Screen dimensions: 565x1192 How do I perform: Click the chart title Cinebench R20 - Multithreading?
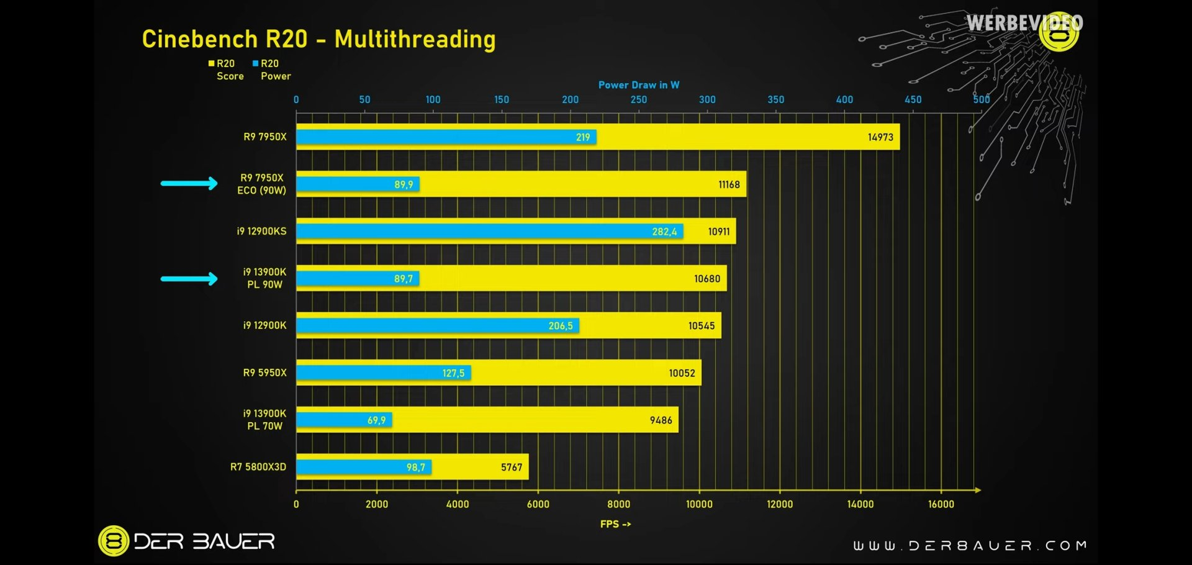pos(318,39)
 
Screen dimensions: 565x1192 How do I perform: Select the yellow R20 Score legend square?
pos(211,63)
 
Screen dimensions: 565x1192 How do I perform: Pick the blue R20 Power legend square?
pos(255,63)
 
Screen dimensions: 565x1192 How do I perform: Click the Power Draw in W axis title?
pos(638,85)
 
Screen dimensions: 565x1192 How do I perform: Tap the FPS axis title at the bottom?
pos(615,524)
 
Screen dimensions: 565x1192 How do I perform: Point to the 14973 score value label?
pos(880,137)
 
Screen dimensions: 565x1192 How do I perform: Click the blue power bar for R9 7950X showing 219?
pos(446,137)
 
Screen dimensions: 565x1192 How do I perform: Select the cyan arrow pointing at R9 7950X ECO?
pos(189,183)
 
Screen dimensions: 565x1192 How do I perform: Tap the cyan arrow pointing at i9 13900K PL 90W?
pos(189,279)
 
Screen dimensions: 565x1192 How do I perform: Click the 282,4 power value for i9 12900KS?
pos(664,232)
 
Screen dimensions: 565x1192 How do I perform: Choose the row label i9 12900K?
pos(264,325)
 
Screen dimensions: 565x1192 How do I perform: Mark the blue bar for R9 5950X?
pos(383,373)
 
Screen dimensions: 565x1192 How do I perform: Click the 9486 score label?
pos(661,420)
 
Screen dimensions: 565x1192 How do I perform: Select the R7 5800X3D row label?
pos(258,467)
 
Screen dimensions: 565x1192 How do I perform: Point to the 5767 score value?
pos(512,468)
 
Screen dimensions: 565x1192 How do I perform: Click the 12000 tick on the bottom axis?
pos(780,504)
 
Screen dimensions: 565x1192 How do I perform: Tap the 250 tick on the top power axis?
pos(639,99)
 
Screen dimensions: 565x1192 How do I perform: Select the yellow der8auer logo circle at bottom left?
pos(114,541)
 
